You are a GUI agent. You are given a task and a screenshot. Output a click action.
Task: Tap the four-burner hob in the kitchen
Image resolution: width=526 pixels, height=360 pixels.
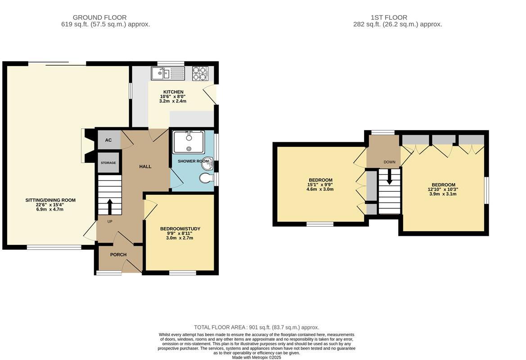[200, 73]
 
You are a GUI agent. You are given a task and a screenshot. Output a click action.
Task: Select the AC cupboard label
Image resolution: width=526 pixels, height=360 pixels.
[108, 140]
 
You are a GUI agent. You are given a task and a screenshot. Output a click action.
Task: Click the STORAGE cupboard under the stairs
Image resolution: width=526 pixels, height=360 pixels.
[108, 163]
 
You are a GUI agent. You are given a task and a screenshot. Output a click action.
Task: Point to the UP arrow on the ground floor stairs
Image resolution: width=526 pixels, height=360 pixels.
[109, 207]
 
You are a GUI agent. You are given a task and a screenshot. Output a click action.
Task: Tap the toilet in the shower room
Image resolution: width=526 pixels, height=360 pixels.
[207, 178]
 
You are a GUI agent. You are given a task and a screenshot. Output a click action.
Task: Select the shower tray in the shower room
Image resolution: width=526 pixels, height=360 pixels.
[189, 142]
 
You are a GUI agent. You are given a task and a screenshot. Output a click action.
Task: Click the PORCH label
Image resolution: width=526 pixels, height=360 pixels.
[118, 255]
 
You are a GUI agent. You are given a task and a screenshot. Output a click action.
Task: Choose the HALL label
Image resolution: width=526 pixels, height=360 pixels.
[145, 166]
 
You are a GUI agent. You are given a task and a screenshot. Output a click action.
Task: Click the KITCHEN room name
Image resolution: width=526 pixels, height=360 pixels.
[173, 92]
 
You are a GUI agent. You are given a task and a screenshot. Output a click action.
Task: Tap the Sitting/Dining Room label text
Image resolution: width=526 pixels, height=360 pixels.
[49, 200]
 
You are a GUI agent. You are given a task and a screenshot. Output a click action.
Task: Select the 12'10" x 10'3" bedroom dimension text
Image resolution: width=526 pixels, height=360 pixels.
[443, 189]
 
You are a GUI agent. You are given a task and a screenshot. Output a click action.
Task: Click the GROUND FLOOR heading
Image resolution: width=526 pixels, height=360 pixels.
[99, 18]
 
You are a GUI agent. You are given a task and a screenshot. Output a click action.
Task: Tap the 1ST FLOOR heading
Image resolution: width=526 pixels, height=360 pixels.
[389, 18]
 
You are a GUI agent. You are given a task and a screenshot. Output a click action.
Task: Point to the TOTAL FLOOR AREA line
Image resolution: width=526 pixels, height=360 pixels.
[256, 328]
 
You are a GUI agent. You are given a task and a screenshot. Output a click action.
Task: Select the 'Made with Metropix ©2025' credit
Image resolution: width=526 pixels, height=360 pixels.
[256, 357]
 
